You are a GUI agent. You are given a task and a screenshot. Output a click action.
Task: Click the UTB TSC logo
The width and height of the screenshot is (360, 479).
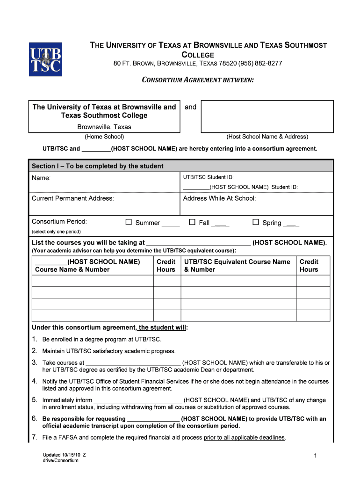pyautogui.click(x=45, y=59)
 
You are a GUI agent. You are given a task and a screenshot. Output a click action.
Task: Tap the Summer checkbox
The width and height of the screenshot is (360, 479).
pyautogui.click(x=129, y=222)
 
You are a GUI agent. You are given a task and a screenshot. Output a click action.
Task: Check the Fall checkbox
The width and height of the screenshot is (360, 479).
pyautogui.click(x=192, y=222)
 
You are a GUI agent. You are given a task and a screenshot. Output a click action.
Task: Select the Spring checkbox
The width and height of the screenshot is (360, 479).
pyautogui.click(x=256, y=222)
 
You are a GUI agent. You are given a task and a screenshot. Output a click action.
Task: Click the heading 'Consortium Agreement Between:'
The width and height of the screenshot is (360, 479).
pyautogui.click(x=198, y=80)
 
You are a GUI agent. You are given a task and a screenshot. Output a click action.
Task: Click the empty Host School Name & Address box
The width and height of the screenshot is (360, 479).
pyautogui.click(x=267, y=116)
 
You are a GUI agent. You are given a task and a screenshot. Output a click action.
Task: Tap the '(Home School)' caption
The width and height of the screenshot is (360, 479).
pyautogui.click(x=104, y=137)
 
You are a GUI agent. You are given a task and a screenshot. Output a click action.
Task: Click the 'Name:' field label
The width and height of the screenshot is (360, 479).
pyautogui.click(x=41, y=178)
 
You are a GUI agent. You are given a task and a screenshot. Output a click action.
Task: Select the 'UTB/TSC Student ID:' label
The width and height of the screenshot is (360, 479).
pyautogui.click(x=209, y=177)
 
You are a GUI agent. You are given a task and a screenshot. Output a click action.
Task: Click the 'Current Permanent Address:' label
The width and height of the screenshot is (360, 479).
pyautogui.click(x=72, y=198)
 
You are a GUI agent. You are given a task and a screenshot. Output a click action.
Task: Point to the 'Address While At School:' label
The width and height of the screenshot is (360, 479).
pyautogui.click(x=219, y=198)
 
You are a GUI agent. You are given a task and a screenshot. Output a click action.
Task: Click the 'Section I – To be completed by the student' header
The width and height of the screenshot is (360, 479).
pyautogui.click(x=97, y=166)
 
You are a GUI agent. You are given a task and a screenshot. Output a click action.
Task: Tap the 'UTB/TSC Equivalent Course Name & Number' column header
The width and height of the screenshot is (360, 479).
pyautogui.click(x=237, y=266)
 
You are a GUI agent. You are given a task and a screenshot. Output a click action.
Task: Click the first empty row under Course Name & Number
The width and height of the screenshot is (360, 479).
pyautogui.click(x=93, y=281)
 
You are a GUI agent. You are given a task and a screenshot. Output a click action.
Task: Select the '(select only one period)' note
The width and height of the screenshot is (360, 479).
pyautogui.click(x=56, y=232)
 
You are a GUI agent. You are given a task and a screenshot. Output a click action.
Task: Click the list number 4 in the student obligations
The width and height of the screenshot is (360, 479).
pyautogui.click(x=35, y=381)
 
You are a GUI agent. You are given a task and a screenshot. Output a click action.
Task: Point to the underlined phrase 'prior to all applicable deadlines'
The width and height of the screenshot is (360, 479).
pyautogui.click(x=245, y=437)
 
